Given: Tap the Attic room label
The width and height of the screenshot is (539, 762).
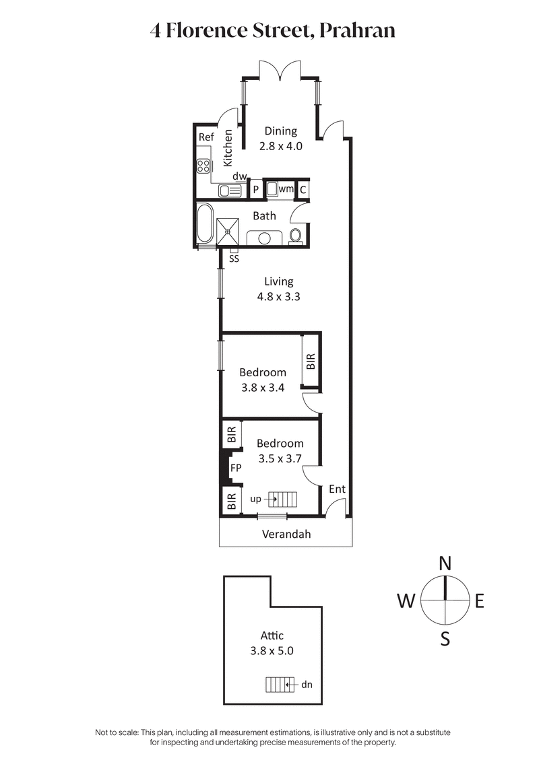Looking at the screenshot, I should click(x=272, y=635).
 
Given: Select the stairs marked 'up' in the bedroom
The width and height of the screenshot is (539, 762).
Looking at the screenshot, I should click(x=284, y=499).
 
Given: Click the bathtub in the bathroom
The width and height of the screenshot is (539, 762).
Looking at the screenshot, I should click(x=205, y=223).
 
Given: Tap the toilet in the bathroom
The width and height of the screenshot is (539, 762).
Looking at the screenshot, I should click(x=295, y=235).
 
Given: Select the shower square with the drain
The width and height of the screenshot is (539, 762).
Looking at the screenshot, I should click(x=229, y=231).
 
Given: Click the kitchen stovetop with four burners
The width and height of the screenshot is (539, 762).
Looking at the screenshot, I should click(x=204, y=164).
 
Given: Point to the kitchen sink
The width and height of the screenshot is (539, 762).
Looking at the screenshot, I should click(x=230, y=190).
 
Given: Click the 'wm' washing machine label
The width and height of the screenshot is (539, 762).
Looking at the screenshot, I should click(x=286, y=189).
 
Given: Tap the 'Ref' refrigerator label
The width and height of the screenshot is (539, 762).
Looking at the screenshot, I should click(x=205, y=137).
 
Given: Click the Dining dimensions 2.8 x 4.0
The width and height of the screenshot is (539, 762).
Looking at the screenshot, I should click(x=280, y=145).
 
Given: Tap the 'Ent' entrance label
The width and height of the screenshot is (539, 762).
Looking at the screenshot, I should click(x=337, y=489).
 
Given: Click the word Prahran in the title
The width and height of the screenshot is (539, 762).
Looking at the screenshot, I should click(x=358, y=30).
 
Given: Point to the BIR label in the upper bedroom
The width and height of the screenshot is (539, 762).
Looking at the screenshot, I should click(x=311, y=362).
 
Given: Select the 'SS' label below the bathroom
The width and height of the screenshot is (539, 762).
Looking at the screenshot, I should click(x=234, y=258).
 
